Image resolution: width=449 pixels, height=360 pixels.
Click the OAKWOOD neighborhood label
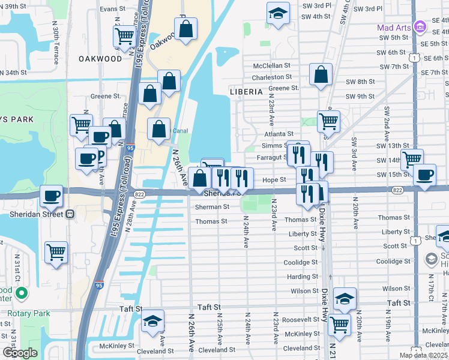point(100,59)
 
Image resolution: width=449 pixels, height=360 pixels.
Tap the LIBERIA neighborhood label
point(246,92)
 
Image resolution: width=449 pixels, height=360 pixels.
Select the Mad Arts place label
point(393,27)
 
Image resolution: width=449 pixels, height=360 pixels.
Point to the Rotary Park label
point(21,313)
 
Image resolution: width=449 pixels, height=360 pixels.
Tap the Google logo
point(20,353)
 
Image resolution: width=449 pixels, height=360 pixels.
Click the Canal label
point(181,130)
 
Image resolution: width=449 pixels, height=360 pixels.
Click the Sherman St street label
point(212,207)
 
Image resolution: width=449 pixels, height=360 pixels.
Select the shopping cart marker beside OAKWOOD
point(124,36)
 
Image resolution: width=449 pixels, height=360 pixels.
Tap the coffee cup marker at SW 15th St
point(425,175)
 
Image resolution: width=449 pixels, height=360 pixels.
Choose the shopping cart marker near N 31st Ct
point(56,252)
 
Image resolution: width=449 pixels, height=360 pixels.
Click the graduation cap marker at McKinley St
point(153,322)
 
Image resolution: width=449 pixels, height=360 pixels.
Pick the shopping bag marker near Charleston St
point(321,74)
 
